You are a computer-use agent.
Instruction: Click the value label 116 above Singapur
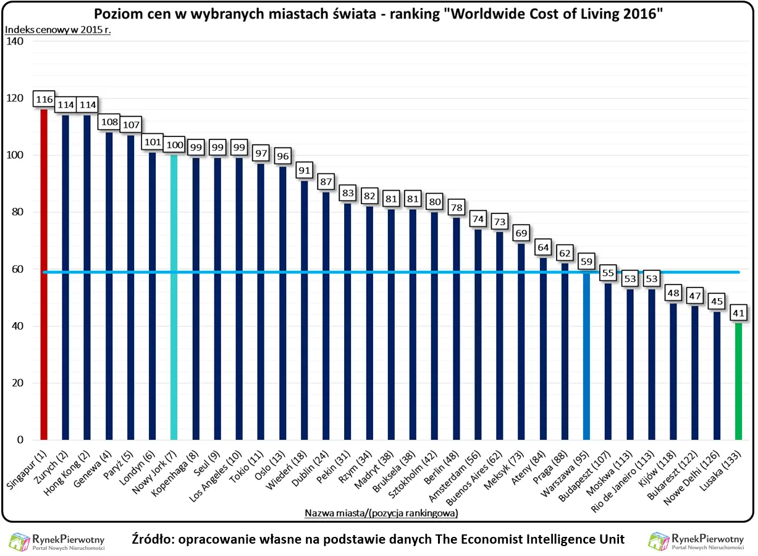(44, 99)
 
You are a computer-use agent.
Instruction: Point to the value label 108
(109, 122)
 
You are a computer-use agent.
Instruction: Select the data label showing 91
(304, 170)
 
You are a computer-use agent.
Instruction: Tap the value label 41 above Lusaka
(738, 312)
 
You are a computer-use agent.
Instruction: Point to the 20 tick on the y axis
(17, 383)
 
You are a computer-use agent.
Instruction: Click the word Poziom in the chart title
(117, 14)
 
